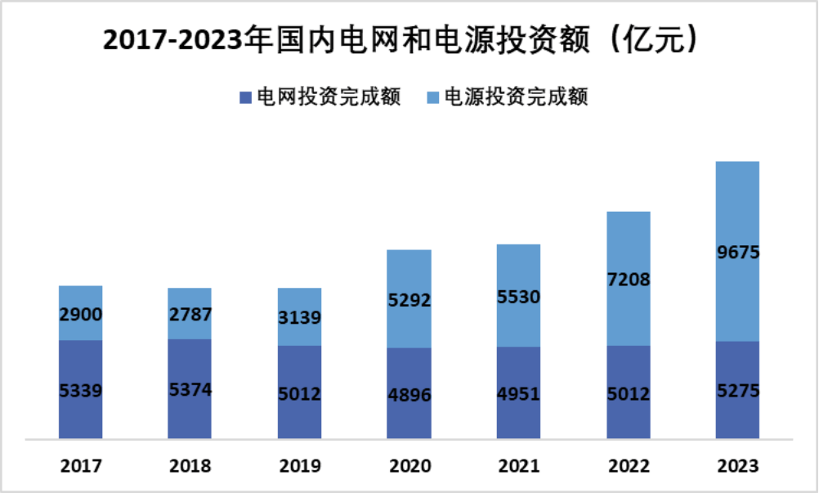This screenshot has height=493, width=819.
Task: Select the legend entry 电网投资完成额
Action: coord(320,97)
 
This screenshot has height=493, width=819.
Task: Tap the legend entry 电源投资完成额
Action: coord(507,97)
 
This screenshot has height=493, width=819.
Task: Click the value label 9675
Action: coord(737,253)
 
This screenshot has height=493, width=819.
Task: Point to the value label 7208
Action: coord(628,280)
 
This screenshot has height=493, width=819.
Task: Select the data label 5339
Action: coord(80,391)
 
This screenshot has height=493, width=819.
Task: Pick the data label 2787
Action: coord(190,314)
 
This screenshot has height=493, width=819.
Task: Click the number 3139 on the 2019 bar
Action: coord(299,317)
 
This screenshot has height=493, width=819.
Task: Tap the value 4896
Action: coord(409,396)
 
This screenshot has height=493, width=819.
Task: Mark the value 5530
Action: coord(518,297)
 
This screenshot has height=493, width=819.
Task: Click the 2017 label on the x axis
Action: coord(80,466)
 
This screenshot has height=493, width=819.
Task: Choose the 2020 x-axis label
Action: coord(409,466)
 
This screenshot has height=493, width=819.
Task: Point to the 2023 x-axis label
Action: coord(737,466)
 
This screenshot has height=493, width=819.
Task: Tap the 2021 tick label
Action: coord(518,466)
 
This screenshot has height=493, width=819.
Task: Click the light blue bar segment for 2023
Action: coord(737,204)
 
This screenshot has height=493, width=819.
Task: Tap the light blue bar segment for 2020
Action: coord(409,270)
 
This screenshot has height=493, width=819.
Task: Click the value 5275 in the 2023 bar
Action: coord(737,392)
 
